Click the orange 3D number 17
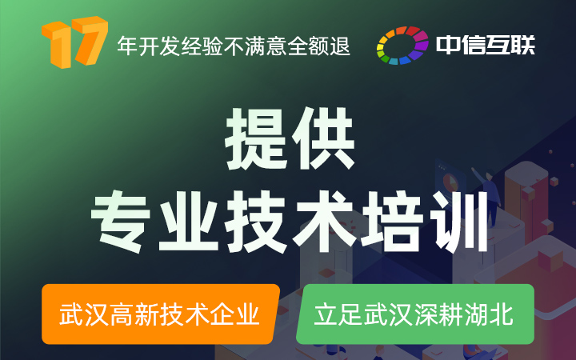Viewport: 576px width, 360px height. point(74,42)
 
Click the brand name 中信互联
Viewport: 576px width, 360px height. point(486,45)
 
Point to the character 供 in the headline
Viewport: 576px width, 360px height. point(323,138)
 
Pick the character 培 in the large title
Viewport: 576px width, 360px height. point(391,222)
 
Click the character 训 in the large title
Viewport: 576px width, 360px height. point(459,222)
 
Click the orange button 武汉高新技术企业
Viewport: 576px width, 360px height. point(161,314)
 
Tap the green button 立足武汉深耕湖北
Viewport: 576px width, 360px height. point(415,314)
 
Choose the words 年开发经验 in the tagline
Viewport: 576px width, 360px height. point(170,46)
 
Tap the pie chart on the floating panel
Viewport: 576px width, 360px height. point(450,182)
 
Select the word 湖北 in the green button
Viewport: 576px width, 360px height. point(489,314)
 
